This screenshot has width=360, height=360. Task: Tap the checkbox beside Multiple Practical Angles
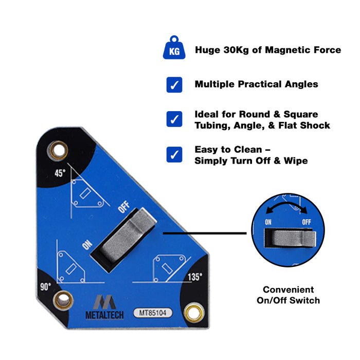coord(174,84)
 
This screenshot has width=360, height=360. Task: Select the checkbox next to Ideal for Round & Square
coord(174,119)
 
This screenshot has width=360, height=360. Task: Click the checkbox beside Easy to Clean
coord(174,154)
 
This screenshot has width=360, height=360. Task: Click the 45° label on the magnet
coord(60,173)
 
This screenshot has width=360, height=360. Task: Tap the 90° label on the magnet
coord(46,286)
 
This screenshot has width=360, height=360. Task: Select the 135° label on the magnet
coord(194,276)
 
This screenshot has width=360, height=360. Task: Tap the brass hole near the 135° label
coord(194,311)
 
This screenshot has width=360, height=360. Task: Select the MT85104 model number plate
coord(153,312)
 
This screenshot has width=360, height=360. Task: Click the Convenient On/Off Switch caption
coord(288,295)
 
